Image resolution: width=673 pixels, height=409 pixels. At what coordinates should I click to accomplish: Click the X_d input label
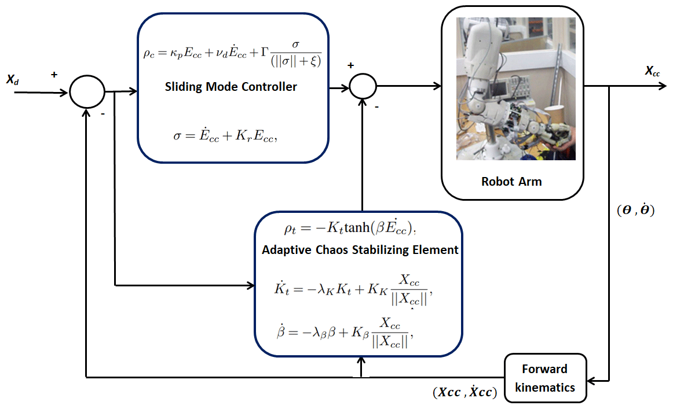click(12, 80)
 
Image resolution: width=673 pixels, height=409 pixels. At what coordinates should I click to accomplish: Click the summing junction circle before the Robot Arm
click(363, 87)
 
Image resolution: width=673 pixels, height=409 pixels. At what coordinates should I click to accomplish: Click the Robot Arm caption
click(511, 181)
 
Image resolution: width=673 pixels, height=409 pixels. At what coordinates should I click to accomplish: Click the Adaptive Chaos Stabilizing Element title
click(360, 250)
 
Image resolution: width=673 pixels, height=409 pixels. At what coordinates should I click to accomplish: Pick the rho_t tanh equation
click(351, 229)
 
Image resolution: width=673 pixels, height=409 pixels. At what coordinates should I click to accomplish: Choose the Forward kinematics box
click(544, 378)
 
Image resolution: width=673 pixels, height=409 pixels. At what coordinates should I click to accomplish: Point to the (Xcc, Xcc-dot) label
click(464, 393)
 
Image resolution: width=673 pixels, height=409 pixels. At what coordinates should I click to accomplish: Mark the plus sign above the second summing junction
click(350, 65)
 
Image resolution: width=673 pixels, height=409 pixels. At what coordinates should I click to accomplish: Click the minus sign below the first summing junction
click(103, 115)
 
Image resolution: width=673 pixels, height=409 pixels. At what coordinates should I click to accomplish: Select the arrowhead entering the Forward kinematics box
click(590, 381)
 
